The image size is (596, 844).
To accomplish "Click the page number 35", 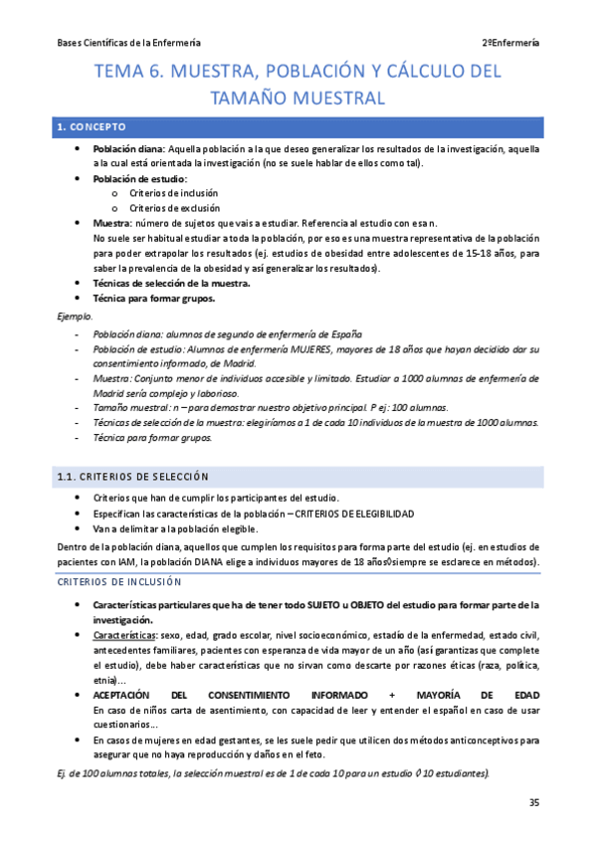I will [x=533, y=803].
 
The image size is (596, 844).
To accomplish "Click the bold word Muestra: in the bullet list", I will [x=112, y=224].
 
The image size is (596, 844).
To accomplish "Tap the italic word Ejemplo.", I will [x=74, y=316].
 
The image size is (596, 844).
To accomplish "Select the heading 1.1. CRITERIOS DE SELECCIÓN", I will [x=132, y=477].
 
